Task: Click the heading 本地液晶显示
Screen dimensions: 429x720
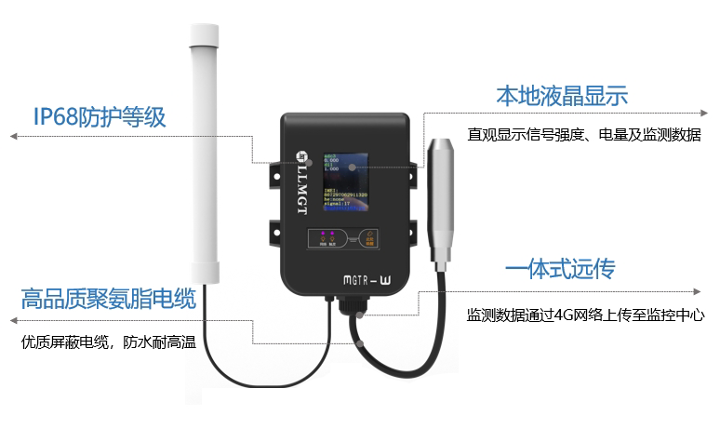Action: tap(561, 95)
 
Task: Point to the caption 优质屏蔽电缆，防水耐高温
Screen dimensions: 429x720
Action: tap(108, 342)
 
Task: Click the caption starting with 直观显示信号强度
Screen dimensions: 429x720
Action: tap(584, 135)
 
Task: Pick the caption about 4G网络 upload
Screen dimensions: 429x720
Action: tap(585, 315)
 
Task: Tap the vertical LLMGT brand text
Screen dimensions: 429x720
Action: tap(300, 192)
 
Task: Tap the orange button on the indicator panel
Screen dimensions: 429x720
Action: tap(370, 235)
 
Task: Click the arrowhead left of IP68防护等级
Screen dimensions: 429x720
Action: tap(13, 137)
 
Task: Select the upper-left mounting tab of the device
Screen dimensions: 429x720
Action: tap(274, 174)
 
